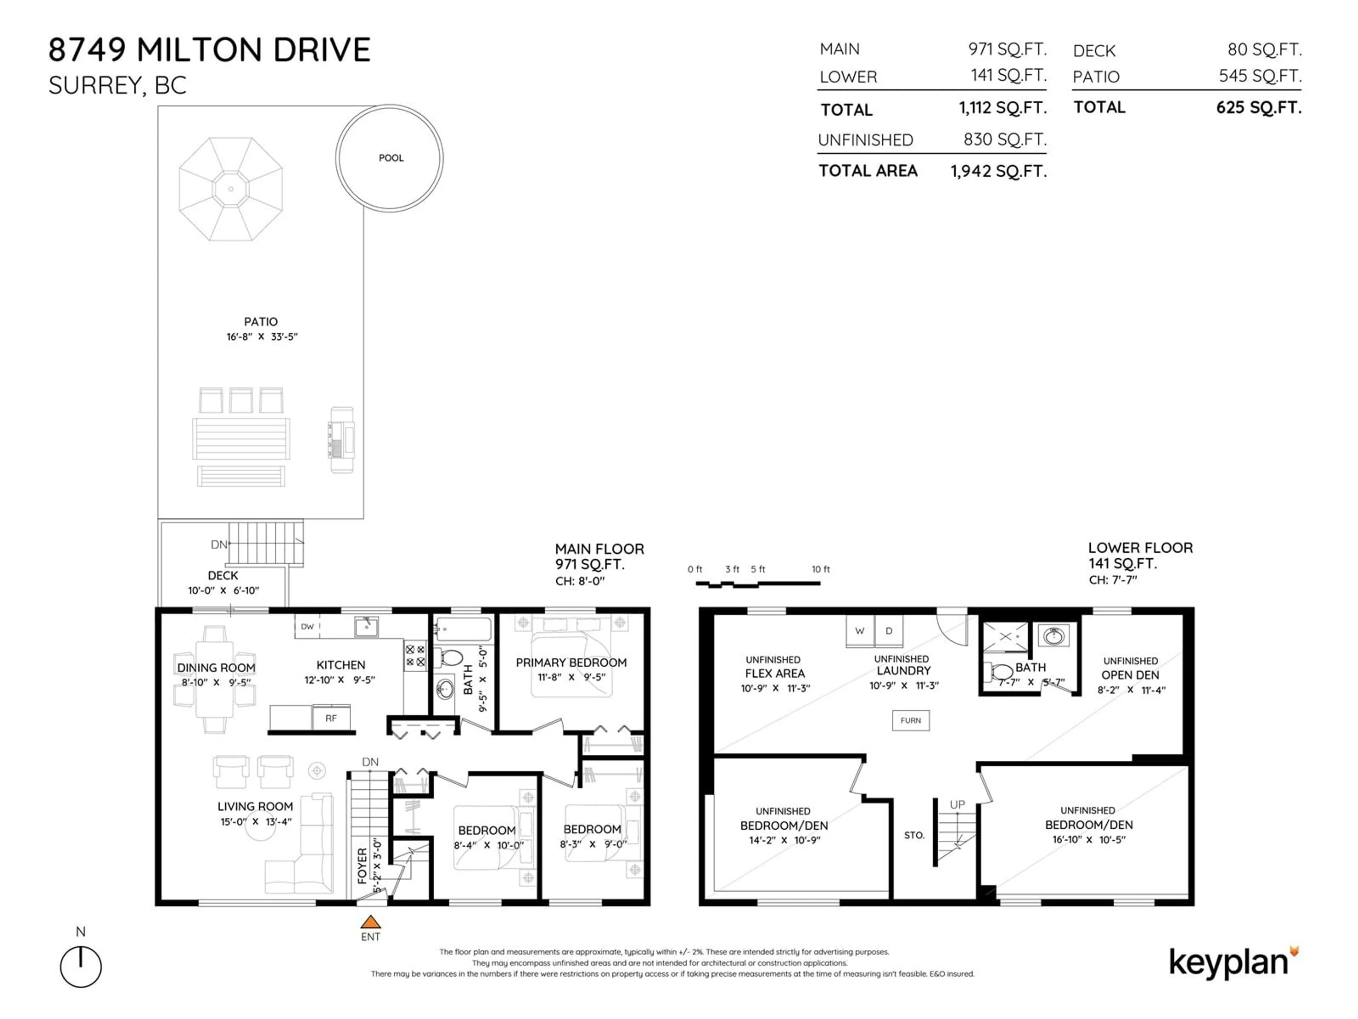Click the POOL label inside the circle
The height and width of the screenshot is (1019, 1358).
pos(391,158)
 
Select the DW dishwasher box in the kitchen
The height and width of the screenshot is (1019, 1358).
pos(307,627)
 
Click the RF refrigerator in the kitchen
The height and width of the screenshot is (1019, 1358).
pos(331,718)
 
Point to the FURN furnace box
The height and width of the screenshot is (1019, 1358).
pos(910,720)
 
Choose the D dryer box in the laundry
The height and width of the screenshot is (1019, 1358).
pos(888,631)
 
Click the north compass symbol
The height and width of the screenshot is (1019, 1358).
pos(80,966)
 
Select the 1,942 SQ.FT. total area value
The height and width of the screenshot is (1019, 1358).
pos(998,171)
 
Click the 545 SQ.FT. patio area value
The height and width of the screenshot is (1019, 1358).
pos(1260,76)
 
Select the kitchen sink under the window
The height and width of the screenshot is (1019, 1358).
pos(366,627)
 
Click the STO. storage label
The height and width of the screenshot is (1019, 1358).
pos(914,835)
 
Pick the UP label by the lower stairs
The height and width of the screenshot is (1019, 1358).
pos(957,805)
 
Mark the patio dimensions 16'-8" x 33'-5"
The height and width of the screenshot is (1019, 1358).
pos(262,336)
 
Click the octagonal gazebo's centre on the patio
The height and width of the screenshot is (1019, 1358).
pos(231,189)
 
